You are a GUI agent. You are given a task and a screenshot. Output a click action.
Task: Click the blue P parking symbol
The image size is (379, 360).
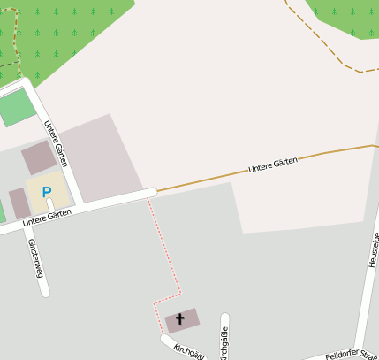pos(47,192)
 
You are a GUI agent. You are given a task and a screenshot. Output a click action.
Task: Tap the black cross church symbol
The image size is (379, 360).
pos(181,318)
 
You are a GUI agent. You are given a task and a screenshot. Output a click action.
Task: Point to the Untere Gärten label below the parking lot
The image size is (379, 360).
pos(46,216)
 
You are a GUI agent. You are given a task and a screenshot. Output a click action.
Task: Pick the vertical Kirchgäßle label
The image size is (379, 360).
pos(224,343)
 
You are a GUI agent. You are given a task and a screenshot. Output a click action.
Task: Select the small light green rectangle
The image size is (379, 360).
pos(13,108)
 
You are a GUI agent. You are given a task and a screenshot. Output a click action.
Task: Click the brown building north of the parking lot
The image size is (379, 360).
pos(38,157)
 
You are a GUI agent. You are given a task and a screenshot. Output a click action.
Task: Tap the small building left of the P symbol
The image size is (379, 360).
pos(19,203)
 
